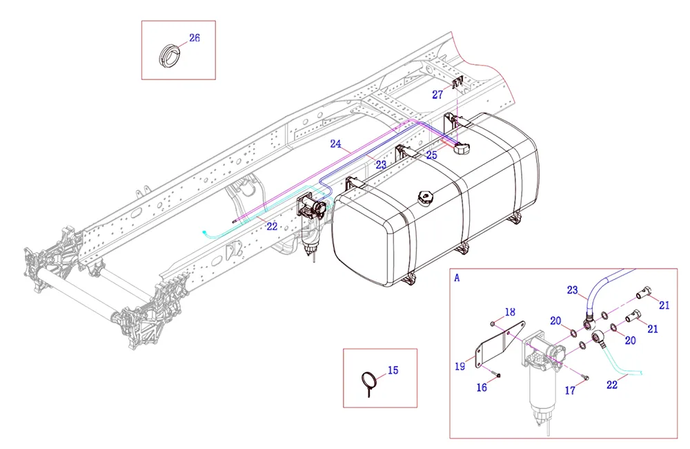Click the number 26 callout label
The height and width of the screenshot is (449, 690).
[x=195, y=38]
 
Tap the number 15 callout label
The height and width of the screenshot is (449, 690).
[x=393, y=370]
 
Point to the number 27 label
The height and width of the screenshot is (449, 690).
[x=437, y=95]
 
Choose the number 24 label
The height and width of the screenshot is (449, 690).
[x=336, y=144]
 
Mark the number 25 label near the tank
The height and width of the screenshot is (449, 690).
[x=431, y=155]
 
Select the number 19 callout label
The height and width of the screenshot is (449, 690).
[x=460, y=366]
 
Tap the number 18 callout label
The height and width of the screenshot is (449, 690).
[x=510, y=312]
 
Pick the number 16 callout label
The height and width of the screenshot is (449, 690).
[x=482, y=388]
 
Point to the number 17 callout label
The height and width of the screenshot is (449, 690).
[x=570, y=390]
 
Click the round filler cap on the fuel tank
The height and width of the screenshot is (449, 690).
[x=426, y=198]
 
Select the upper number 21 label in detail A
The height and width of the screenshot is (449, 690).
[x=664, y=305]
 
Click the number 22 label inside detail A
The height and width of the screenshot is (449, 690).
[x=612, y=385]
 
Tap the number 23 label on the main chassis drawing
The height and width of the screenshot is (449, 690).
[x=381, y=164]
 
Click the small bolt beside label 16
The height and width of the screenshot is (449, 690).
[x=497, y=375]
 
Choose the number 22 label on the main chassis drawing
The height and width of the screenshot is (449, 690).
[x=272, y=226]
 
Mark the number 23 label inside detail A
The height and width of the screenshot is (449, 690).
[x=573, y=291]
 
